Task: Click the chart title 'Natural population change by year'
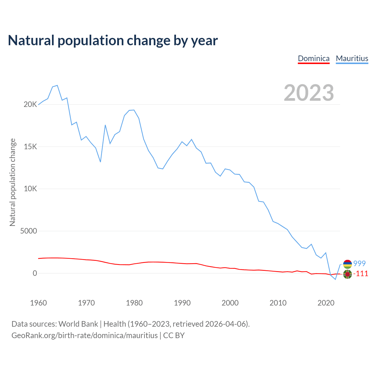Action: click(x=113, y=41)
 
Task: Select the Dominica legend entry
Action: click(x=314, y=58)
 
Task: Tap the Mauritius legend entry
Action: click(x=352, y=58)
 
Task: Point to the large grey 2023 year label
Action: click(x=309, y=93)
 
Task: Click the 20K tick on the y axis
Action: click(x=30, y=105)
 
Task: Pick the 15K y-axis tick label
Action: click(x=30, y=147)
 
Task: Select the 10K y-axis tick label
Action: click(x=30, y=189)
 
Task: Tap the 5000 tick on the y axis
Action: click(x=28, y=231)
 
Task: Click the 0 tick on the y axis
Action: click(x=35, y=273)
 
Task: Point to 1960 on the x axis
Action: click(x=38, y=303)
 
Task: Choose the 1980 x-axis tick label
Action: click(x=134, y=303)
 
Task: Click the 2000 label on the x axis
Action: click(x=230, y=303)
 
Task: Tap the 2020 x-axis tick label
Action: click(x=326, y=303)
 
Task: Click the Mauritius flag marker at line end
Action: click(x=348, y=264)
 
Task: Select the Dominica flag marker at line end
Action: click(x=348, y=274)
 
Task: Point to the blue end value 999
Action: click(x=359, y=264)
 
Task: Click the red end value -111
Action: click(x=361, y=274)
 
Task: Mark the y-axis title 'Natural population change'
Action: click(x=12, y=182)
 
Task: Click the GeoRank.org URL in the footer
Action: click(x=85, y=335)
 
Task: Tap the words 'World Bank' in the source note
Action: click(x=78, y=324)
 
